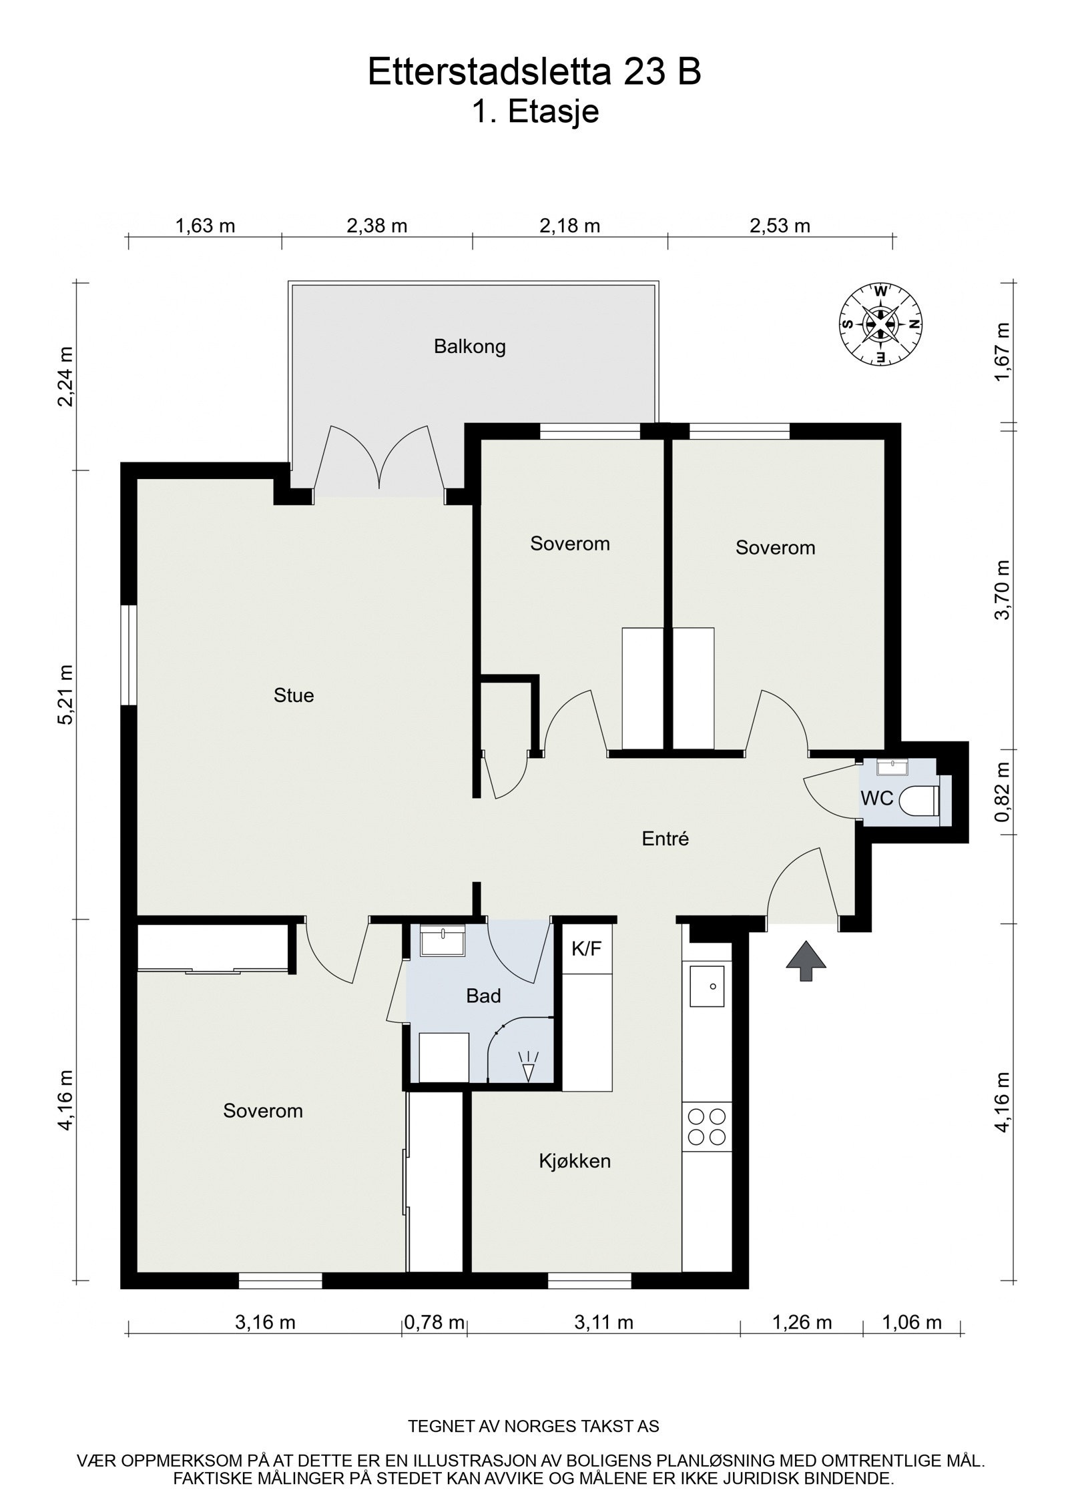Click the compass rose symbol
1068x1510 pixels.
pos(880,324)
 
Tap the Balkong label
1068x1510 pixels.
pos(469,347)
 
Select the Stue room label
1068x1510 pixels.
pos(294,695)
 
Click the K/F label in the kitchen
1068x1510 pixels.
pos(587,950)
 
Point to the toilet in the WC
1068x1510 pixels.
pos(922,801)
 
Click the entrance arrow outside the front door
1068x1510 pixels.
pos(806,962)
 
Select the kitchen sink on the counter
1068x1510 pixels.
pos(707,986)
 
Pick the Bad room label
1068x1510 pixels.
pos(483,996)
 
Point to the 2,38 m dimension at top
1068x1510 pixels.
pos(376,226)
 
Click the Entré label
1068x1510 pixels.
pos(665,839)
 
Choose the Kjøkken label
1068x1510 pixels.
pos(575,1161)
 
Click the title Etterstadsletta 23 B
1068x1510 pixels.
pos(534,72)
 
